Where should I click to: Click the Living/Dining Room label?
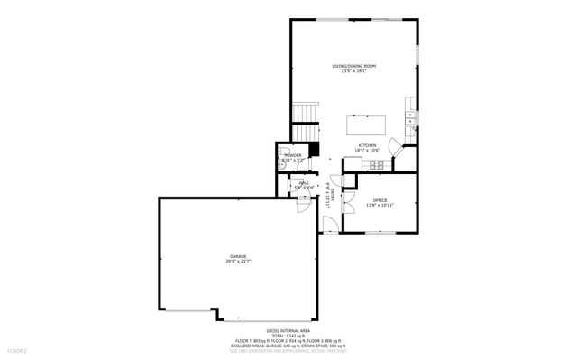[354, 66]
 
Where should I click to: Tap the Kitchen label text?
[366, 145]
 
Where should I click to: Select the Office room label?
[379, 200]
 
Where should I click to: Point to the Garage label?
[237, 257]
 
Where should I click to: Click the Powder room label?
[292, 154]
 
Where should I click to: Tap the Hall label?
[304, 183]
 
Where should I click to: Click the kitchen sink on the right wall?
[410, 116]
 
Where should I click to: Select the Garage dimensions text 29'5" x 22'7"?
[237, 263]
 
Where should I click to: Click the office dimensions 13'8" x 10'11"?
[379, 206]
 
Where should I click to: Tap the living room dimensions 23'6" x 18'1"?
[354, 71]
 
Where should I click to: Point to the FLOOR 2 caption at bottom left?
[18, 349]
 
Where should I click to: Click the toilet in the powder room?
[282, 152]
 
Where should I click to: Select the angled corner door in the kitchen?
[395, 145]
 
